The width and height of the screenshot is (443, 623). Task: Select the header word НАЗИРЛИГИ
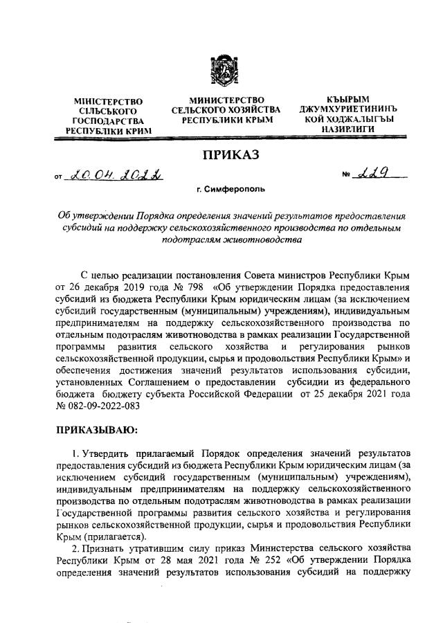(347, 129)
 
